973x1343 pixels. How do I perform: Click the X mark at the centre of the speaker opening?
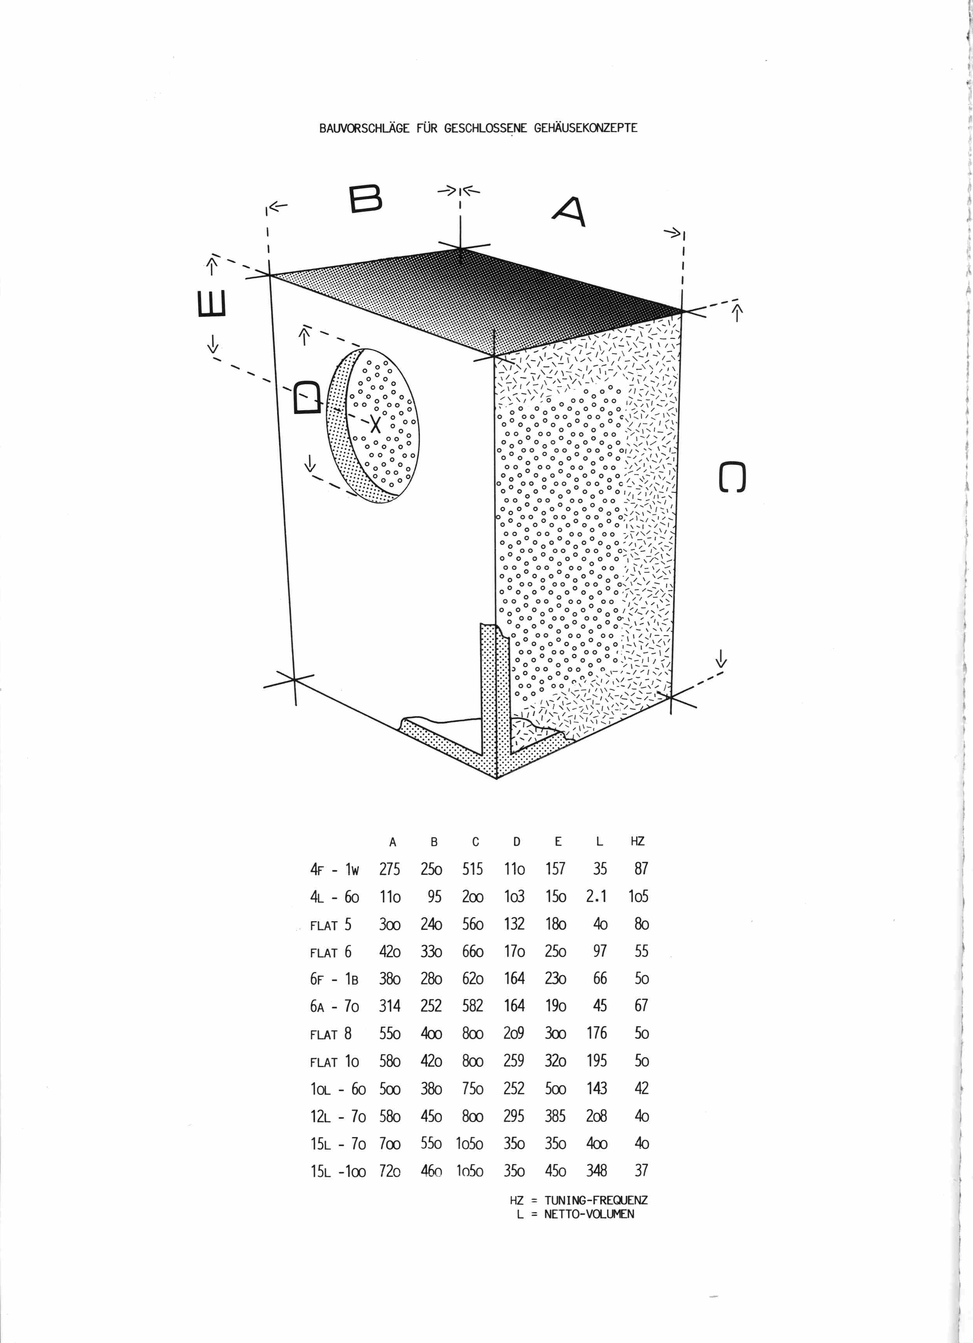(375, 424)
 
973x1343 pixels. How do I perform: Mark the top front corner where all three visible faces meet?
(495, 356)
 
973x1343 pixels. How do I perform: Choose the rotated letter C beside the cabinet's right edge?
(732, 477)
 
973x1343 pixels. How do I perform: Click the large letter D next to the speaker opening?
(308, 397)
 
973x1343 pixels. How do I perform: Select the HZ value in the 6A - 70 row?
(641, 1006)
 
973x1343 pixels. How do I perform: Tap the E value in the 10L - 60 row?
(556, 1088)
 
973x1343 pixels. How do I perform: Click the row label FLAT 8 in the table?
(331, 1034)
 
